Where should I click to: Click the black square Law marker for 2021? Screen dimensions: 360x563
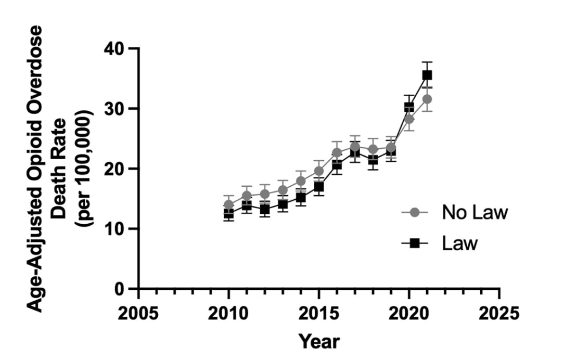(427, 75)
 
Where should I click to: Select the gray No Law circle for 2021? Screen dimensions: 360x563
(427, 99)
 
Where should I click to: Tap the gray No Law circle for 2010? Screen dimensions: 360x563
(228, 204)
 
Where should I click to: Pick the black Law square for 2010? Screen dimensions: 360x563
(228, 213)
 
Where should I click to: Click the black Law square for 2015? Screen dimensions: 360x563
(319, 187)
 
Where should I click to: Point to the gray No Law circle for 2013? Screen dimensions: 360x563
(283, 190)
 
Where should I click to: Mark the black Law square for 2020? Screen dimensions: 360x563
(409, 107)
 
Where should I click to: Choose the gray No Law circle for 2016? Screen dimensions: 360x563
(337, 152)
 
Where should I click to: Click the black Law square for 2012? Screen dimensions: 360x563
(265, 210)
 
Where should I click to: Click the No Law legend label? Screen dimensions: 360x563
(474, 212)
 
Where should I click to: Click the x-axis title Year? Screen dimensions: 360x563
(318, 341)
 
